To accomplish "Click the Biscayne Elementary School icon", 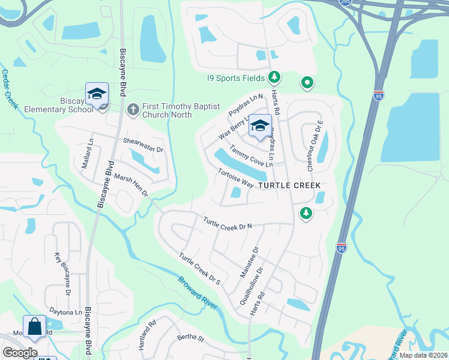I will pos(97,94).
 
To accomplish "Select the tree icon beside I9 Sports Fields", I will pos(274,77).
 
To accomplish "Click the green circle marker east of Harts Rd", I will pos(307,83).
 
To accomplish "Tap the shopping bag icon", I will pos(34,327).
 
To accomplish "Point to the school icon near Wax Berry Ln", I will pos(259,126).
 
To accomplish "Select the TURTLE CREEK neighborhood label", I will pos(289,186).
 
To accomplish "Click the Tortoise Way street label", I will pos(235,176).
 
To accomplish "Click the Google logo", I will pos(20,353).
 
